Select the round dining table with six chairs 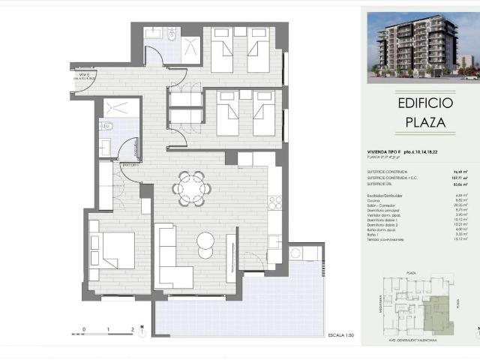pos(190,187)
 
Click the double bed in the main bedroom pos(112,250)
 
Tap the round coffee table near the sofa pos(205,242)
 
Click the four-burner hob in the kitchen pos(274,202)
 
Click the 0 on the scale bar pos(84,328)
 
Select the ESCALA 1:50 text pos(341,334)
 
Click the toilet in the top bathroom pos(172,35)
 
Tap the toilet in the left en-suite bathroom pos(106,127)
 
